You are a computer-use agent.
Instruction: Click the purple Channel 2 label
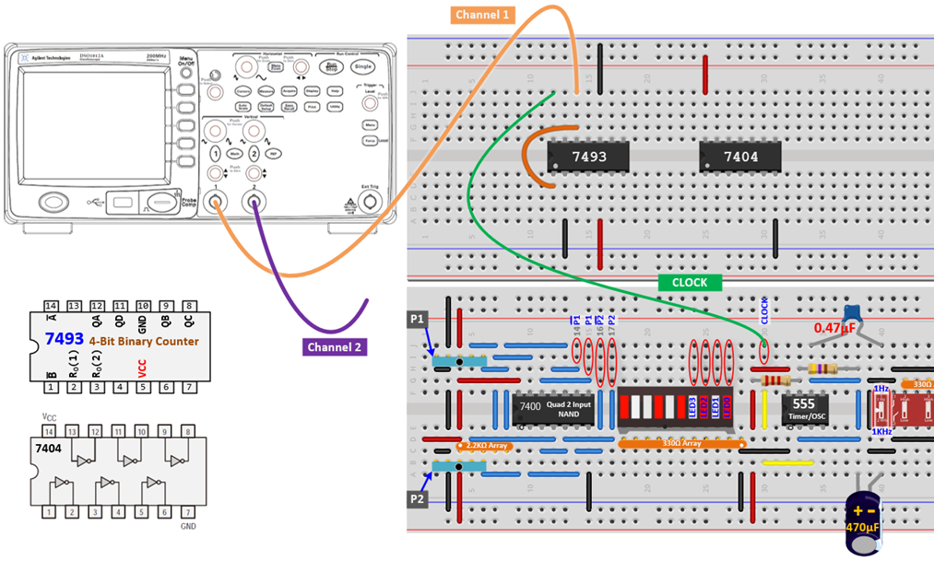335,347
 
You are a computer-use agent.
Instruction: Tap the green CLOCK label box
689,283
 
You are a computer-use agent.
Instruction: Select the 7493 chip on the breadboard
588,157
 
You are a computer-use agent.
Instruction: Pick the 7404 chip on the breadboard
740,157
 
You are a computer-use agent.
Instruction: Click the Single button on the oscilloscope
363,66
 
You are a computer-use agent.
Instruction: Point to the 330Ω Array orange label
680,444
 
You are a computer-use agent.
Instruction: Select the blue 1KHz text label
881,431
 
